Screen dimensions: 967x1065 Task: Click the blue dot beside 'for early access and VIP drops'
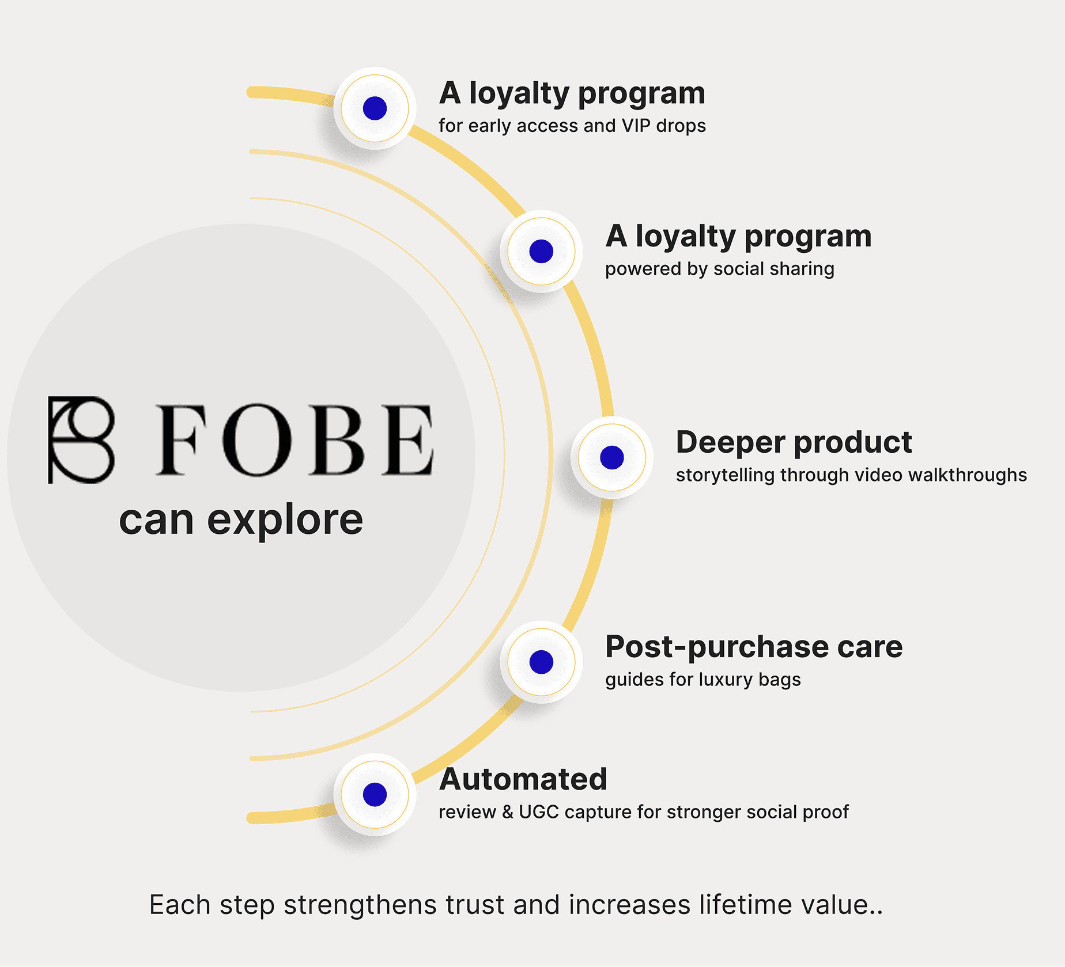[375, 108]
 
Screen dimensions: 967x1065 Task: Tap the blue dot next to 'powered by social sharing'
[541, 251]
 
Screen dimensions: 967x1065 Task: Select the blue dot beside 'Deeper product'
[611, 457]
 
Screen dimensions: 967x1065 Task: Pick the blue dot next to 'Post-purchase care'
[541, 662]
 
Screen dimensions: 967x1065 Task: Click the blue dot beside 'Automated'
[375, 794]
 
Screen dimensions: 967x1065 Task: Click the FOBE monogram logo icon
[81, 439]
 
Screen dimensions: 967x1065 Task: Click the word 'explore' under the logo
[285, 519]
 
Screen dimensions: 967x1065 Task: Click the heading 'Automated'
[523, 779]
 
